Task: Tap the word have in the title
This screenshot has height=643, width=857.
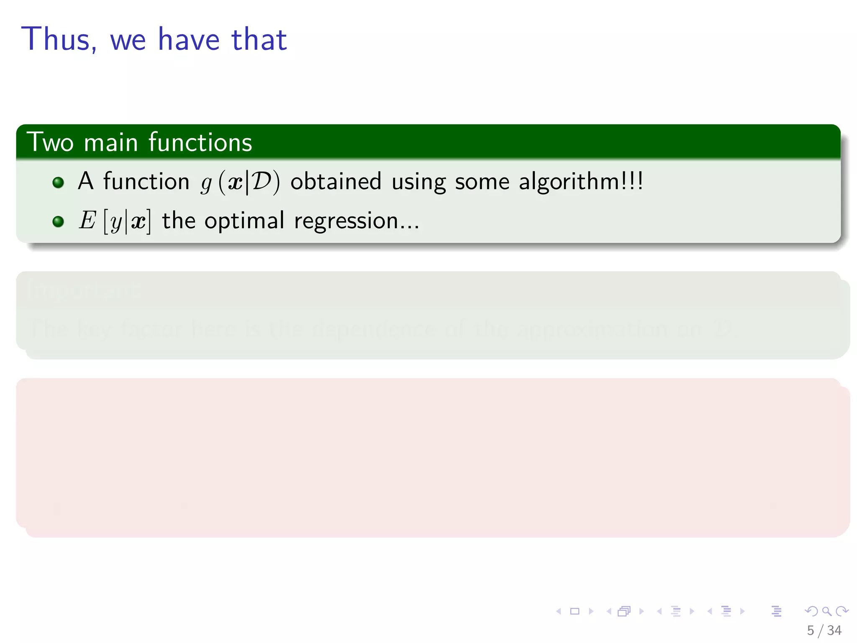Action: pos(189,39)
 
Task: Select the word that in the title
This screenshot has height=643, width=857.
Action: pos(259,39)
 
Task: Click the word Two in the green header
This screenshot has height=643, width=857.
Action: pos(50,142)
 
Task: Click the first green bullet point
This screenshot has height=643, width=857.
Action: pos(58,182)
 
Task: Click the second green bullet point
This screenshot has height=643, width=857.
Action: pos(58,221)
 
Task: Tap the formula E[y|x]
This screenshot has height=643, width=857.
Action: pos(115,221)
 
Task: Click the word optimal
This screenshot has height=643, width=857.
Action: pos(244,221)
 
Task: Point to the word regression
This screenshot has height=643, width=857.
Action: pos(356,221)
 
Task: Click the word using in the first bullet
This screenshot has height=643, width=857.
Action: pos(418,182)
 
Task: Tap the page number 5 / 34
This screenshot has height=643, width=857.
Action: pos(824,630)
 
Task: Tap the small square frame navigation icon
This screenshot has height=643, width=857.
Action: pos(575,611)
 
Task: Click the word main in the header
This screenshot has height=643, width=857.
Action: pos(111,142)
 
